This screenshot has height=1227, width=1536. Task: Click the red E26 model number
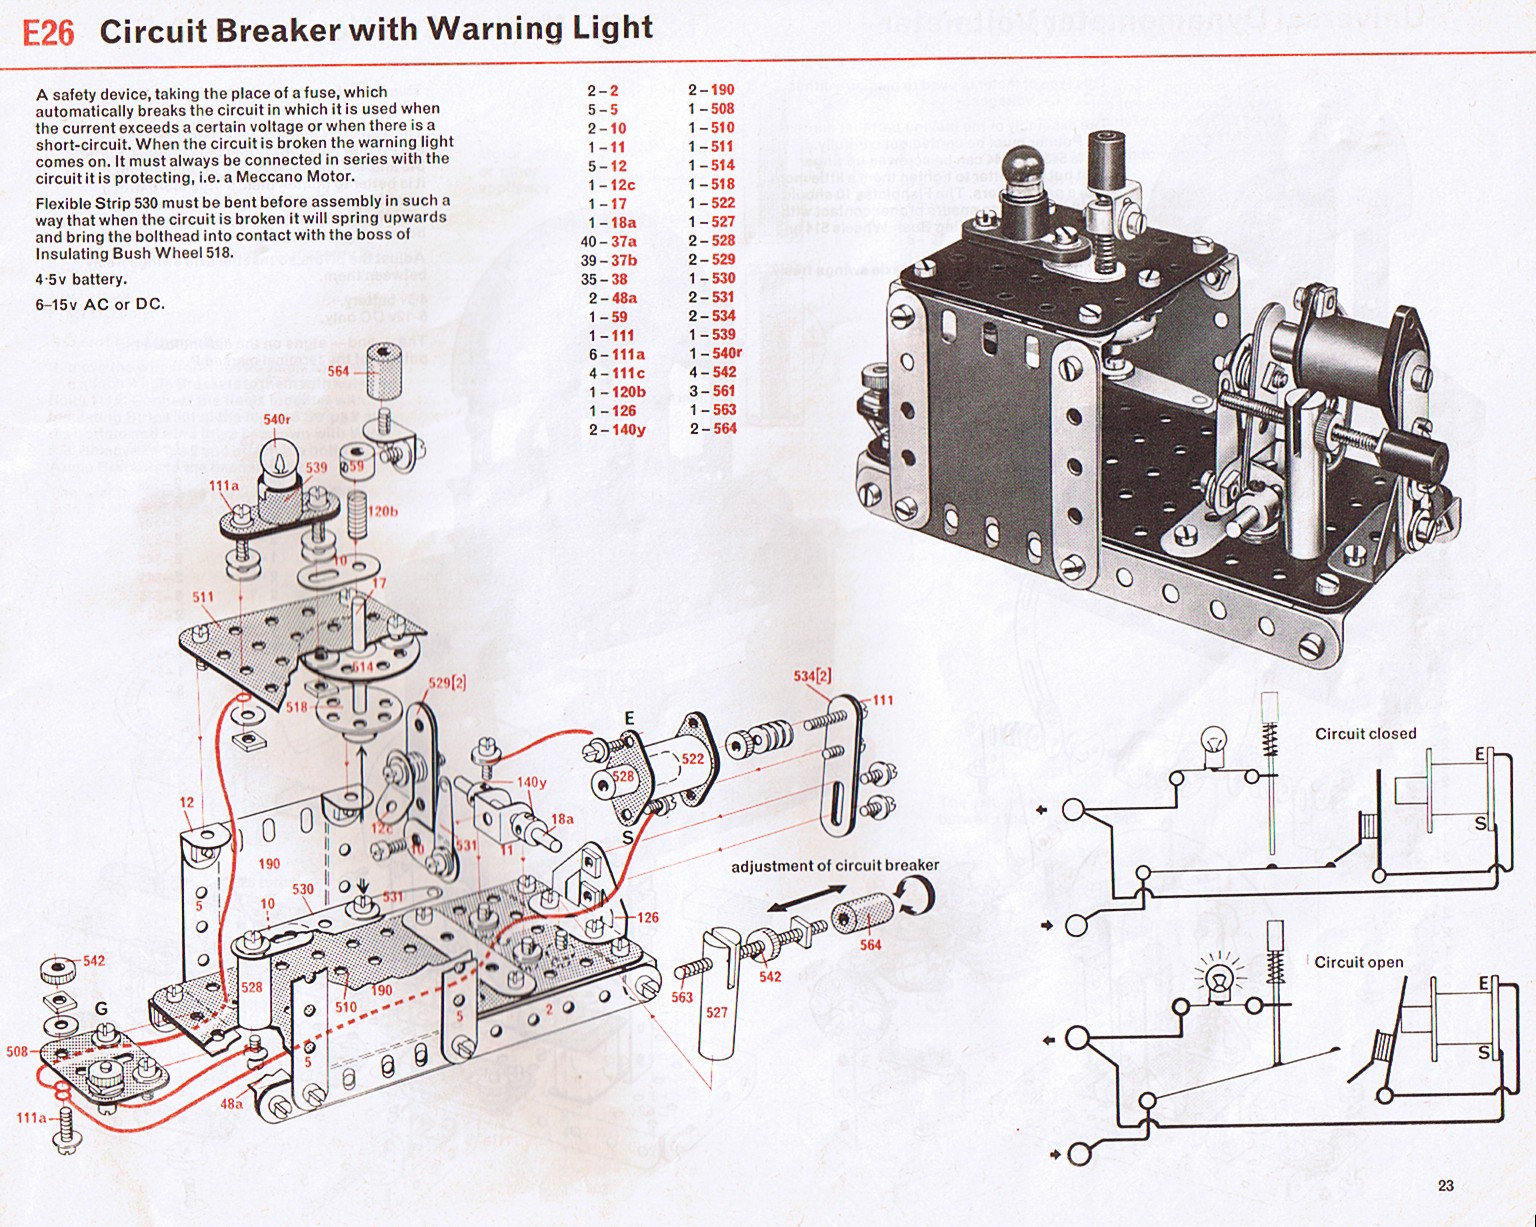click(48, 33)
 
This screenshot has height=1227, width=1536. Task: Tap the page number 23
click(1445, 1186)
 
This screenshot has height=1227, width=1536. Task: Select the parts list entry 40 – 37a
click(609, 241)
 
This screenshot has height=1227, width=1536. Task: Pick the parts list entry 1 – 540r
click(715, 353)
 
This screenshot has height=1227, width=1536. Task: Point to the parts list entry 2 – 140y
click(616, 430)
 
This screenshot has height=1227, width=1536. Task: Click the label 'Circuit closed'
click(1365, 734)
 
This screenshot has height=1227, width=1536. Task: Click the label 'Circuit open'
click(1358, 962)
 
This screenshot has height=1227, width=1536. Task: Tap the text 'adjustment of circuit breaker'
click(835, 866)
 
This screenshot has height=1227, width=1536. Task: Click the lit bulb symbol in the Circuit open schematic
click(1219, 979)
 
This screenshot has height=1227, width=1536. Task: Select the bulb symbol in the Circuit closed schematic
click(1214, 747)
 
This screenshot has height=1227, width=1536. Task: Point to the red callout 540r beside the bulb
click(277, 420)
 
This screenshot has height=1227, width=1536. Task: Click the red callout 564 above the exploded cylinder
click(339, 371)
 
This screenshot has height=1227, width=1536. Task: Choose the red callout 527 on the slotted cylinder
click(716, 1012)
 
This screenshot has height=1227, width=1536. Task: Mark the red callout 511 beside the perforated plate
click(203, 597)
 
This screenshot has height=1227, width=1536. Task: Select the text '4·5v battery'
click(81, 279)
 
